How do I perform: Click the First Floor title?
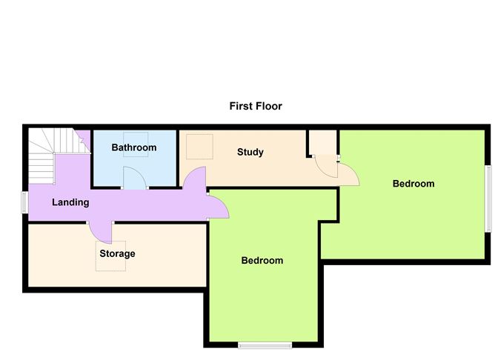pyautogui.click(x=256, y=106)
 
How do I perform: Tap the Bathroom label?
pyautogui.click(x=134, y=147)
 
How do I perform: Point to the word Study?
pyautogui.click(x=250, y=152)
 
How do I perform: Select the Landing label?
pyautogui.click(x=70, y=202)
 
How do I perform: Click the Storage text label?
pyautogui.click(x=117, y=253)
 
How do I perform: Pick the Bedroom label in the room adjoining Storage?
pyautogui.click(x=262, y=260)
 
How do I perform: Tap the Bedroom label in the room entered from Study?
pyautogui.click(x=413, y=184)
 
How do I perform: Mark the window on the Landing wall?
pyautogui.click(x=25, y=202)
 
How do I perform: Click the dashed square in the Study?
pyautogui.click(x=199, y=147)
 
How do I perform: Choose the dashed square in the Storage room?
pyautogui.click(x=111, y=256)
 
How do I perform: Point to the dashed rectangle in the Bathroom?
pyautogui.click(x=136, y=144)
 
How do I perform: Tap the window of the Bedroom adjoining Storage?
pyautogui.click(x=265, y=346)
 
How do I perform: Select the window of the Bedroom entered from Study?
pyautogui.click(x=488, y=199)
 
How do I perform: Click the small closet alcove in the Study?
pyautogui.click(x=322, y=143)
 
